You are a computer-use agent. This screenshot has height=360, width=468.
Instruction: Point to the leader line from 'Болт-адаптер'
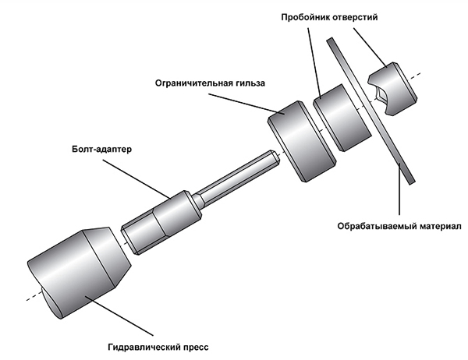[140, 175]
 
